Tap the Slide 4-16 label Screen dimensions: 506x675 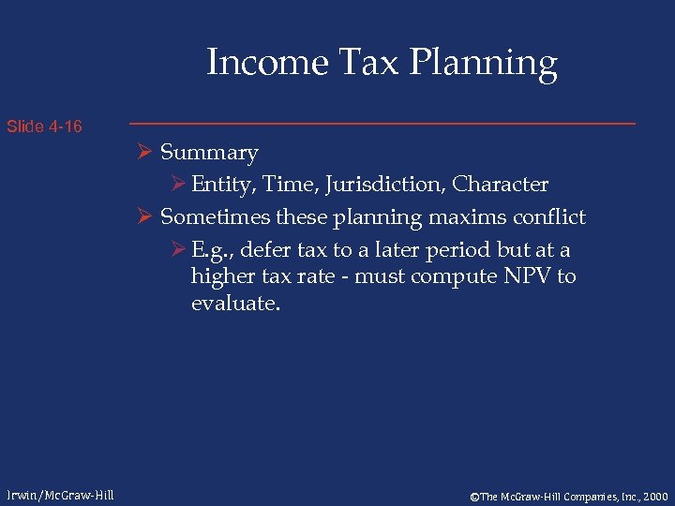[x=44, y=126]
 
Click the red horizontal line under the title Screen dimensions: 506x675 [x=382, y=124]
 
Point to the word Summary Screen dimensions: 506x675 [x=209, y=153]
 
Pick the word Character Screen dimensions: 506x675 [x=502, y=185]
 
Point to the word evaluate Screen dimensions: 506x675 [x=234, y=304]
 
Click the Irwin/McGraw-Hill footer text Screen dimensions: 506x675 [x=59, y=494]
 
